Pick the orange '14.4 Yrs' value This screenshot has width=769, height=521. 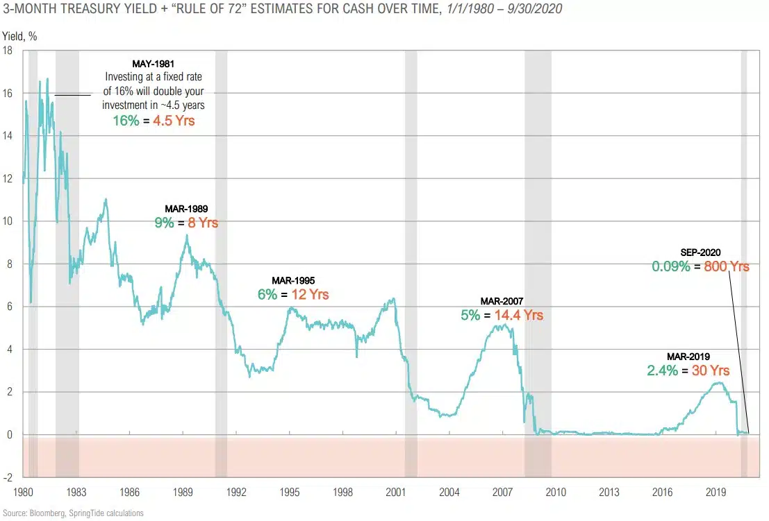click(518, 315)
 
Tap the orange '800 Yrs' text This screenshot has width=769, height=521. click(727, 266)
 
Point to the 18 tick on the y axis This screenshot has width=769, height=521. click(8, 50)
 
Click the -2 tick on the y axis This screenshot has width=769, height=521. click(8, 478)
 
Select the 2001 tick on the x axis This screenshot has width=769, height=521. click(396, 492)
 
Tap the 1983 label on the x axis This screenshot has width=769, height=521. click(76, 492)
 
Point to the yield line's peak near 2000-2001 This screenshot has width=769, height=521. click(394, 299)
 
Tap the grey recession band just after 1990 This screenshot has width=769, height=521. click(221, 264)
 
